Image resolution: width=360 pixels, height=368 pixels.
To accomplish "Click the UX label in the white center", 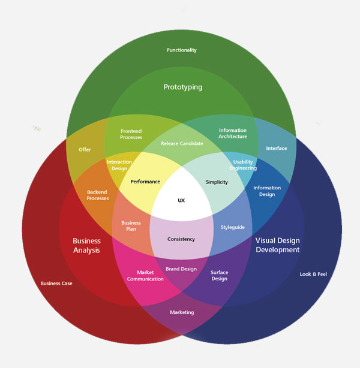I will point(181,200).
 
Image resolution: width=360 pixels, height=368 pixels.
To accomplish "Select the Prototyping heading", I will point(183,87).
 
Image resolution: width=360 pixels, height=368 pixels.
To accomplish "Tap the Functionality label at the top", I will point(182,50).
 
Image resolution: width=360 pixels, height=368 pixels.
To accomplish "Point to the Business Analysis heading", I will point(86,245).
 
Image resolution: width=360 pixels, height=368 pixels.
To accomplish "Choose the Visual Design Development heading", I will point(277,245).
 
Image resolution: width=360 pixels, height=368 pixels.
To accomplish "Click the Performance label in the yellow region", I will point(145,182).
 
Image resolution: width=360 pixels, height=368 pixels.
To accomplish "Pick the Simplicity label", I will point(217,182).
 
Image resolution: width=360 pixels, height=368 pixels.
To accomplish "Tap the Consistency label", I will point(181,239).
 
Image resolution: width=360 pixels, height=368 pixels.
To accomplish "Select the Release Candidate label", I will point(182,144).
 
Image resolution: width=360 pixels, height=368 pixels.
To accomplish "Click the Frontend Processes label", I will point(131,134).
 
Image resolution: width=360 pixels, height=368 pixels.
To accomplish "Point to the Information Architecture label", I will point(233,133).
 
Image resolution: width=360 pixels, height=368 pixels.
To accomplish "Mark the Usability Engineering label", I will point(244,165).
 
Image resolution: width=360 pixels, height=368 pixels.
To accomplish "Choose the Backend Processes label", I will point(98,195).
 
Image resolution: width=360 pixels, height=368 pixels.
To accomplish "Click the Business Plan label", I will point(131,225).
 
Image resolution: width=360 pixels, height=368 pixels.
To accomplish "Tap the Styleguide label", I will point(232,228).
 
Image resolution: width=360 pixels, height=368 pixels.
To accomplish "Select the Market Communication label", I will point(145,276).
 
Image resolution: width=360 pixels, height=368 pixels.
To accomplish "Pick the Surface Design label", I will point(219,275).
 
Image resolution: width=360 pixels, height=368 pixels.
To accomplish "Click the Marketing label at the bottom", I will point(182,313).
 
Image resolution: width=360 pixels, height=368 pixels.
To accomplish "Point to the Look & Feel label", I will point(313,275).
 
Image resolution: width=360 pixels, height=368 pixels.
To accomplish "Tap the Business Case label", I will point(56,283).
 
